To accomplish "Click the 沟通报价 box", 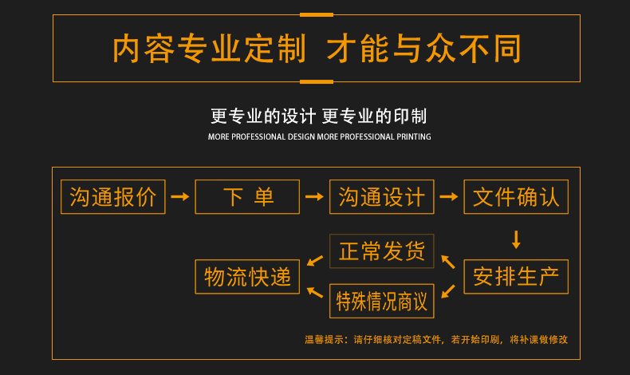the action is click(113, 197).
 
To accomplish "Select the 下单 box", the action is click(247, 197).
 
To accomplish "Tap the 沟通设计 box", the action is click(382, 197).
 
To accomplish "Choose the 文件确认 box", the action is click(516, 197).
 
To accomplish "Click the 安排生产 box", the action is click(516, 277).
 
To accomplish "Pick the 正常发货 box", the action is click(382, 251).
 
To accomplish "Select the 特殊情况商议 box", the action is click(382, 302).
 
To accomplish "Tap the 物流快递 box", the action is click(247, 277).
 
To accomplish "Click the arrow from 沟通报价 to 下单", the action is click(180, 197).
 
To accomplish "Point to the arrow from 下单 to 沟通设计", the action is click(315, 197).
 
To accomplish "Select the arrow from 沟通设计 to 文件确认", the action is click(449, 197).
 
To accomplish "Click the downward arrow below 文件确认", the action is click(516, 239).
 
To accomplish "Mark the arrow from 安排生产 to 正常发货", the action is click(448, 261).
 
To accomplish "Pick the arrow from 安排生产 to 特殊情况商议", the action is click(448, 291).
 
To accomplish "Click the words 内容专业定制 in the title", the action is click(209, 49).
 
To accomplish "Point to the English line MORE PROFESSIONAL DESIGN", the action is click(262, 137).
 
